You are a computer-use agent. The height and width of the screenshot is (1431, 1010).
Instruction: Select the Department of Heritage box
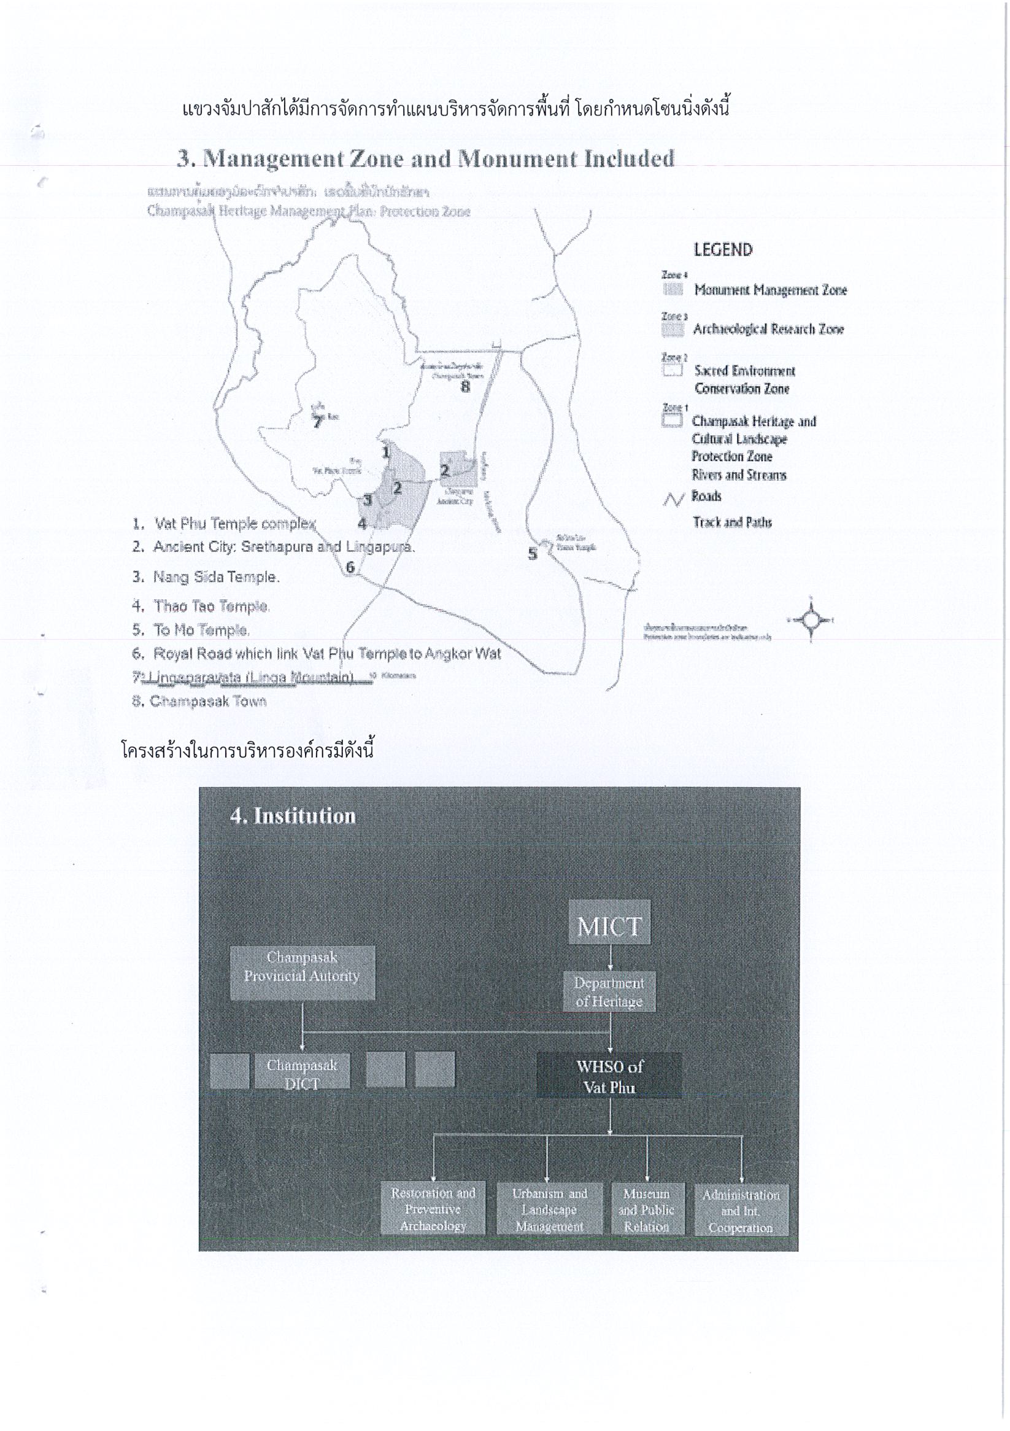(609, 991)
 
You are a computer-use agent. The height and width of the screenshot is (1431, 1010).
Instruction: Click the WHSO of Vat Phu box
(609, 1076)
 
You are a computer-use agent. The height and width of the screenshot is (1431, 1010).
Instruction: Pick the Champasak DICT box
(302, 1071)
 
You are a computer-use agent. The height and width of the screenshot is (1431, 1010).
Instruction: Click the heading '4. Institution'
(293, 816)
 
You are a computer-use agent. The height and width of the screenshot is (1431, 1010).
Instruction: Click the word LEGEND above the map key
(723, 250)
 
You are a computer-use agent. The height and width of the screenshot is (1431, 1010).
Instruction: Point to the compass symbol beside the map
(811, 620)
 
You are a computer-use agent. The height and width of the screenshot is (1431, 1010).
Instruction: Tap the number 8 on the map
(465, 386)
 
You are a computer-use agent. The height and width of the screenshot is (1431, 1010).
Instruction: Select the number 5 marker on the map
(533, 554)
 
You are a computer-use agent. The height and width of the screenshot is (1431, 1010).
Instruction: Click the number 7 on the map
(318, 422)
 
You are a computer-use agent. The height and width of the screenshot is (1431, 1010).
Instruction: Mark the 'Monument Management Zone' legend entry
(770, 290)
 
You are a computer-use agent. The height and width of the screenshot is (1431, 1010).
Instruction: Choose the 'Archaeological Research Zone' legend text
(768, 329)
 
